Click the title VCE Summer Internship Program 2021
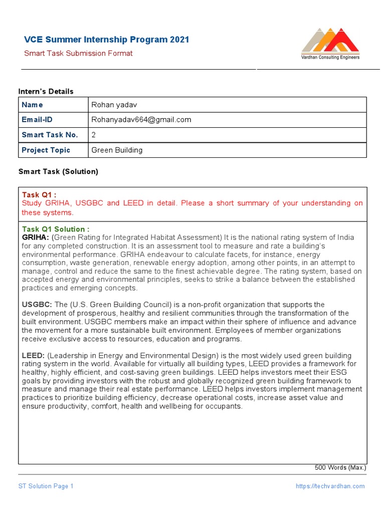pos(107,40)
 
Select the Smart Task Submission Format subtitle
pos(78,53)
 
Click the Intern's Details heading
pos(46,91)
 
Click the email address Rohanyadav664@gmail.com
pos(141,120)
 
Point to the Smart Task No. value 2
pos(93,135)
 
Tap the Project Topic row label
pos(46,150)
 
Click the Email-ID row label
pos(37,120)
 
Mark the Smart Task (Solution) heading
pos(58,171)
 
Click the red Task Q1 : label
pos(39,194)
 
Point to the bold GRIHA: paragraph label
pos(35,237)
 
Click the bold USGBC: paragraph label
pos(37,305)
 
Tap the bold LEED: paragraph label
pos(33,355)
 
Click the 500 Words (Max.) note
pos(340,467)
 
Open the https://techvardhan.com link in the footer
pos(330,486)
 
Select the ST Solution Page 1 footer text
pos(46,486)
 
